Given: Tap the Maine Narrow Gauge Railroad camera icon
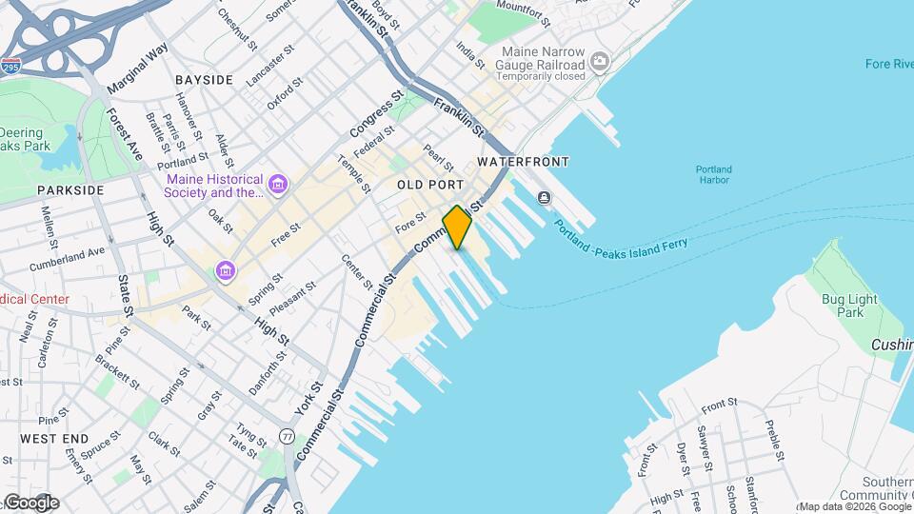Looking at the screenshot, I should (599, 63).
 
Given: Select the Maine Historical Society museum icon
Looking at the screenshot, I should (277, 183).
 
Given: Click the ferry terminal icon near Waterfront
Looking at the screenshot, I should (544, 198).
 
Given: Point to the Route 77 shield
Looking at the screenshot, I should (287, 436).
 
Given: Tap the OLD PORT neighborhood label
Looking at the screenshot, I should (429, 185).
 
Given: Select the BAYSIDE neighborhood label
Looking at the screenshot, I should (204, 80).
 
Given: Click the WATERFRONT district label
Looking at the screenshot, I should (523, 162).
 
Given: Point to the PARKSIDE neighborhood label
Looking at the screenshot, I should (70, 190).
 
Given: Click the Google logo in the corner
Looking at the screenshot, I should (30, 503).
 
